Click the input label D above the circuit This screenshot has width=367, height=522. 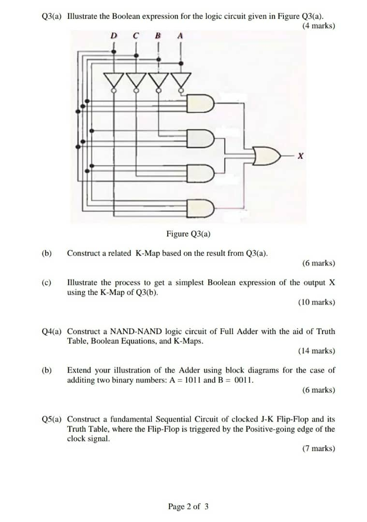114,35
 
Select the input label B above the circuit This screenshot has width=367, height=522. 158,35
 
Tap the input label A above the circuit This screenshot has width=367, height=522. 180,35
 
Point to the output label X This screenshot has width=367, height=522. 301,156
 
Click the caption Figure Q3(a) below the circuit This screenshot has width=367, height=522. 188,234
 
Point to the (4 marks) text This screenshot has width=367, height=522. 318,26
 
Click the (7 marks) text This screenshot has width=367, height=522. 318,449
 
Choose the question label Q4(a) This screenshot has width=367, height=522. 52,332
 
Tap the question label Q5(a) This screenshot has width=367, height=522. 52,419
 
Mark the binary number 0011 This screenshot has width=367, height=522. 244,380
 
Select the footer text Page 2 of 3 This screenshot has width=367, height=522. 189,507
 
